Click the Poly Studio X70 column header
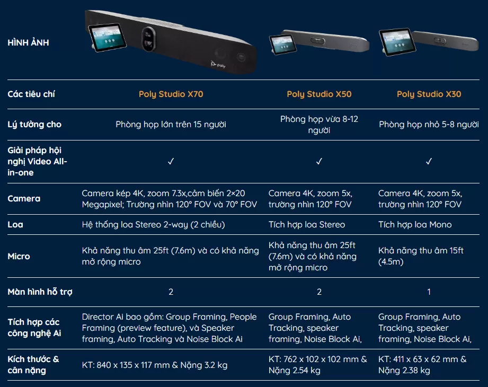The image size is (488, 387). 171,94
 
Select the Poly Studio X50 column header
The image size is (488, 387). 319,94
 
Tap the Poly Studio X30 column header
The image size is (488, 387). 429,94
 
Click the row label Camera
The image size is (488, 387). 24,199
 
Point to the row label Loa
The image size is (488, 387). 15,224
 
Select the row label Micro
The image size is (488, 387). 19,256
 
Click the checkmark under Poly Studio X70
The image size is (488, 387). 171,161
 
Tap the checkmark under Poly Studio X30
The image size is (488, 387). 429,161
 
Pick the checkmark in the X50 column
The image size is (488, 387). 319,161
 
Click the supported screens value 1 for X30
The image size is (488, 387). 429,292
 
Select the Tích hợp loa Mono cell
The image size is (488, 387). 415,224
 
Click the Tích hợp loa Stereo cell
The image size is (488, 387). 307,224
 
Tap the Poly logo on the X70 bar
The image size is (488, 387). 218,65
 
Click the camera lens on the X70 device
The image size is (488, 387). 149,39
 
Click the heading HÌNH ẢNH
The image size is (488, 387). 28,42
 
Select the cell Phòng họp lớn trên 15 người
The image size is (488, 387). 171,125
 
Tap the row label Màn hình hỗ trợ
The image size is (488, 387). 40,292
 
